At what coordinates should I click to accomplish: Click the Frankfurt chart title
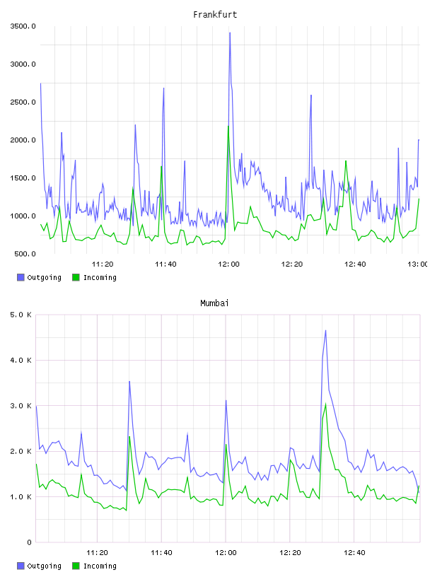[215, 15]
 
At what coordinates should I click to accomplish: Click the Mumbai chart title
[214, 303]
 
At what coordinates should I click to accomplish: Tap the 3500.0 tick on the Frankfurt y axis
[23, 26]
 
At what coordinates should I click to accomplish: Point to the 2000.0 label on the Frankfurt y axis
[23, 140]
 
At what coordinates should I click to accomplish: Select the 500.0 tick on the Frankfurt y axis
[25, 254]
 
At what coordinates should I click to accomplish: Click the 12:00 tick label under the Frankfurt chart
[228, 264]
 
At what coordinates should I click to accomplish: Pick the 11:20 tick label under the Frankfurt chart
[103, 264]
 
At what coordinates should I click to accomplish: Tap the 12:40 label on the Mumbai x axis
[354, 553]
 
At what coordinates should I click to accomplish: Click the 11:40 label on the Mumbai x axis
[161, 553]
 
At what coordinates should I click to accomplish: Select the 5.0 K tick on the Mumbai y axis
[21, 315]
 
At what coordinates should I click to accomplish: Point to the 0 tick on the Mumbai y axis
[30, 542]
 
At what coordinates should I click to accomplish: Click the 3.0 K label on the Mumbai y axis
[21, 405]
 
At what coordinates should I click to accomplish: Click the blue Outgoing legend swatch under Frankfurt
[21, 277]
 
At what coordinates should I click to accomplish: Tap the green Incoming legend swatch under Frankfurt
[76, 277]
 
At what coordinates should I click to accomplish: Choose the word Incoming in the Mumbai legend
[100, 566]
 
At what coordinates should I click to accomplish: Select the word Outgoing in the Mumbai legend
[44, 566]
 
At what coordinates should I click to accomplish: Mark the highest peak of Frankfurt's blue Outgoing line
[230, 33]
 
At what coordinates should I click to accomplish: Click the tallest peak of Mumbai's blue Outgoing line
[325, 330]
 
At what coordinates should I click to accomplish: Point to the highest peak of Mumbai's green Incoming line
[325, 404]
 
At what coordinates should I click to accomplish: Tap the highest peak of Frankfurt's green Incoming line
[228, 126]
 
